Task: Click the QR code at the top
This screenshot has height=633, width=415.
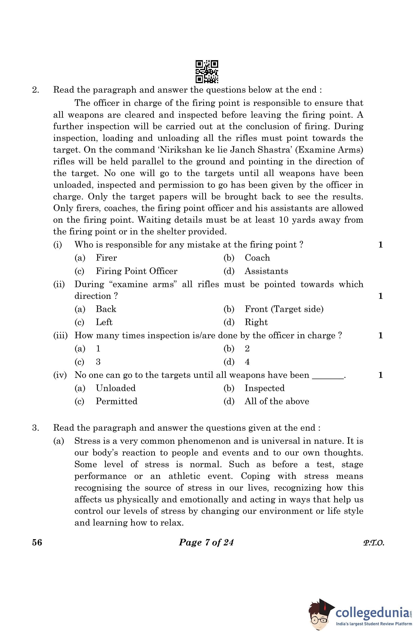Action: (x=207, y=72)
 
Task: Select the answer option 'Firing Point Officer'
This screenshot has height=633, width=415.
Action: (x=136, y=271)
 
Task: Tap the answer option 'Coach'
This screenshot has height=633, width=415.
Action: (x=257, y=258)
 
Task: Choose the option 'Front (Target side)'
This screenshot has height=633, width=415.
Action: (x=284, y=309)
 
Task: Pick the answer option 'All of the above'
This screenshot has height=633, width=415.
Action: (x=277, y=401)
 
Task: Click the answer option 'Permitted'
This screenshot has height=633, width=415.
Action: (x=116, y=401)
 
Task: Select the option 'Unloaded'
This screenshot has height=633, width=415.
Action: (x=115, y=388)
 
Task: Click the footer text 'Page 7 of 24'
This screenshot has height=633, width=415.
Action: (x=206, y=542)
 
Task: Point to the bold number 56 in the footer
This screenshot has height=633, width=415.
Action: (x=37, y=542)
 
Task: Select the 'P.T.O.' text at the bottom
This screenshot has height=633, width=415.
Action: (x=374, y=543)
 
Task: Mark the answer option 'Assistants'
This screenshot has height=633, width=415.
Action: (x=266, y=271)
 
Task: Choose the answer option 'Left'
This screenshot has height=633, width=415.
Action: (x=104, y=322)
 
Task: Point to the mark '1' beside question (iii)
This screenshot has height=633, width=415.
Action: (x=380, y=335)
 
